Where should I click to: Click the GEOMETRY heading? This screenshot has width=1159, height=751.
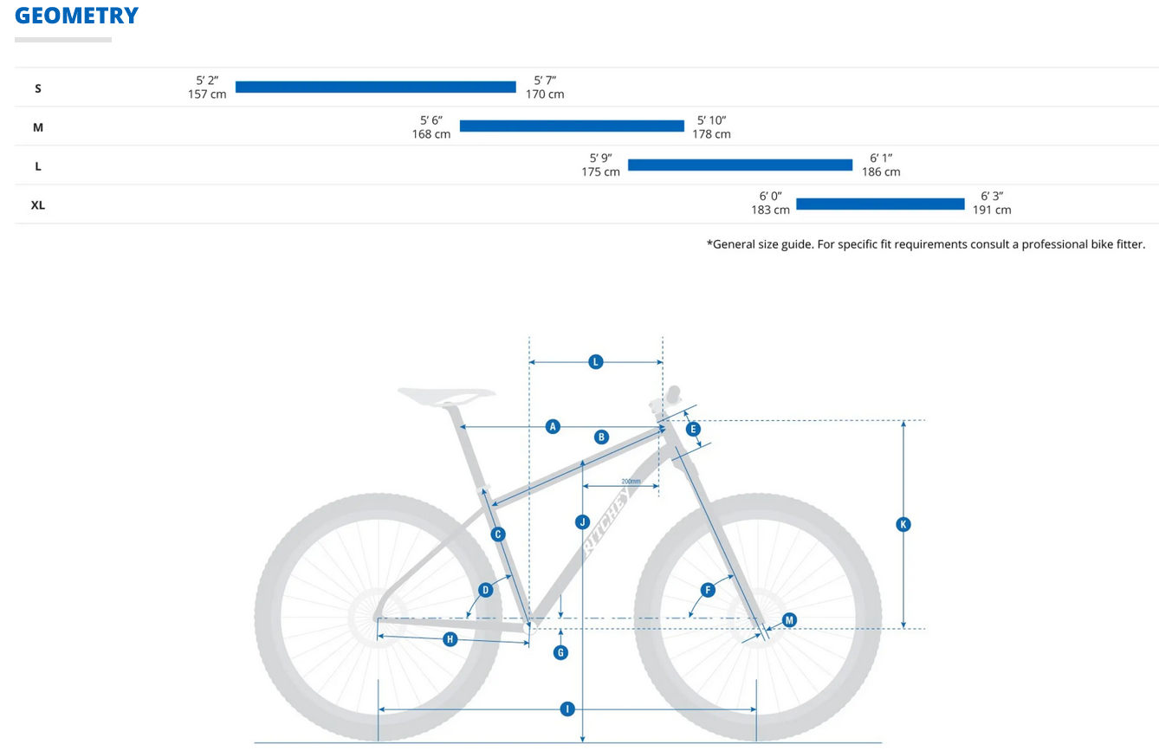(76, 16)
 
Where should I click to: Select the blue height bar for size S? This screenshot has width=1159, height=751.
(375, 87)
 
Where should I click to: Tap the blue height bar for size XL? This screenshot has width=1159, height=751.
(880, 204)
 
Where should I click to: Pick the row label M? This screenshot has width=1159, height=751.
(38, 127)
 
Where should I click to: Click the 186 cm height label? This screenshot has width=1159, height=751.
(881, 172)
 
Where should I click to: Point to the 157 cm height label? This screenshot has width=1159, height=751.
(207, 94)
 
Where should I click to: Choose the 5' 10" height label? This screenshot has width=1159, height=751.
(711, 120)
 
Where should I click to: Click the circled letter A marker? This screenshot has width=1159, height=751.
(553, 426)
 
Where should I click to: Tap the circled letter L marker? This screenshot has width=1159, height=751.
(595, 362)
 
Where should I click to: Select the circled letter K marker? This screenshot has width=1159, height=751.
(903, 524)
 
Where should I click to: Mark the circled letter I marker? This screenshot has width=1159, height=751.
(567, 709)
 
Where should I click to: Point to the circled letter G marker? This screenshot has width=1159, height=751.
(560, 652)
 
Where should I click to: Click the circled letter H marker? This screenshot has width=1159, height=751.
(450, 639)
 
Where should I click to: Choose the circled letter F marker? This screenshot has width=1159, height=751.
(708, 590)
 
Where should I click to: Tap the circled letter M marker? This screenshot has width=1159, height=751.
(789, 619)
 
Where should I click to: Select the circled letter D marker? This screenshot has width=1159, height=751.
(485, 590)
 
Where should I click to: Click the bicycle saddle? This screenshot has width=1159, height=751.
(446, 396)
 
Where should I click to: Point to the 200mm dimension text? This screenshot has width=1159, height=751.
(631, 482)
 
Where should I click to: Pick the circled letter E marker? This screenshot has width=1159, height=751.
(692, 429)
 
